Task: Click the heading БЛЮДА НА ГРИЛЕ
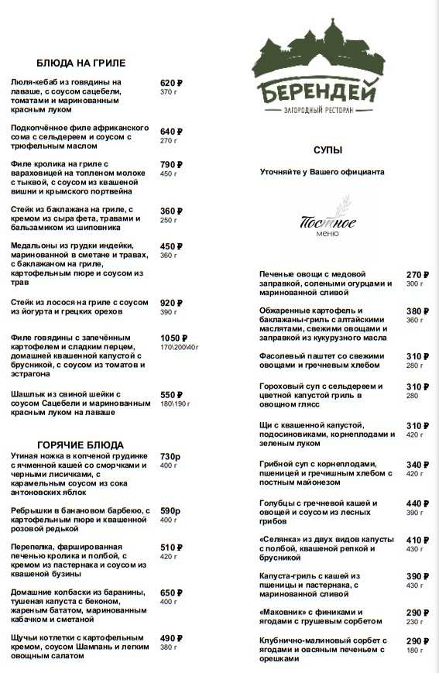pos(81,63)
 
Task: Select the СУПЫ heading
pos(328,149)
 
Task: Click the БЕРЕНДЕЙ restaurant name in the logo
pos(318,91)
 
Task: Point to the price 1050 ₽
pos(174,338)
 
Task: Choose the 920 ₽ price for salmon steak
pos(170,303)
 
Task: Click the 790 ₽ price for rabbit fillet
pos(170,165)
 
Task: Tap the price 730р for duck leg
pos(170,457)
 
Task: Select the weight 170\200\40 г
pos(180,348)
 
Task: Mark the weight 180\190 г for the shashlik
pos(175,403)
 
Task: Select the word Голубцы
pos(280,503)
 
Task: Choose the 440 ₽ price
pos(417,503)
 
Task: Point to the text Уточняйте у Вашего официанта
pos(321,172)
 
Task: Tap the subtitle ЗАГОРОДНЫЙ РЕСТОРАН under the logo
pos(318,111)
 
